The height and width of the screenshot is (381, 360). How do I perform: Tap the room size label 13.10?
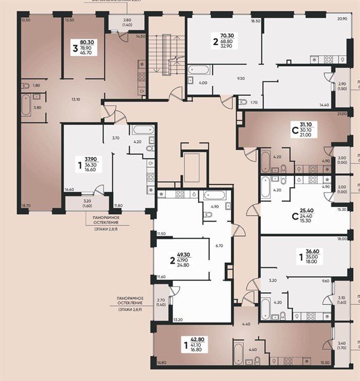tap(76, 99)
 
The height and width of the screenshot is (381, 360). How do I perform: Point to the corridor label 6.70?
tap(219, 245)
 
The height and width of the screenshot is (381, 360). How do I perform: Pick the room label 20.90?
tap(343, 20)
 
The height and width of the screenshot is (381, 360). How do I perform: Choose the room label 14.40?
tap(324, 104)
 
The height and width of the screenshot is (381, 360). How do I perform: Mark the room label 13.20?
tap(178, 319)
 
